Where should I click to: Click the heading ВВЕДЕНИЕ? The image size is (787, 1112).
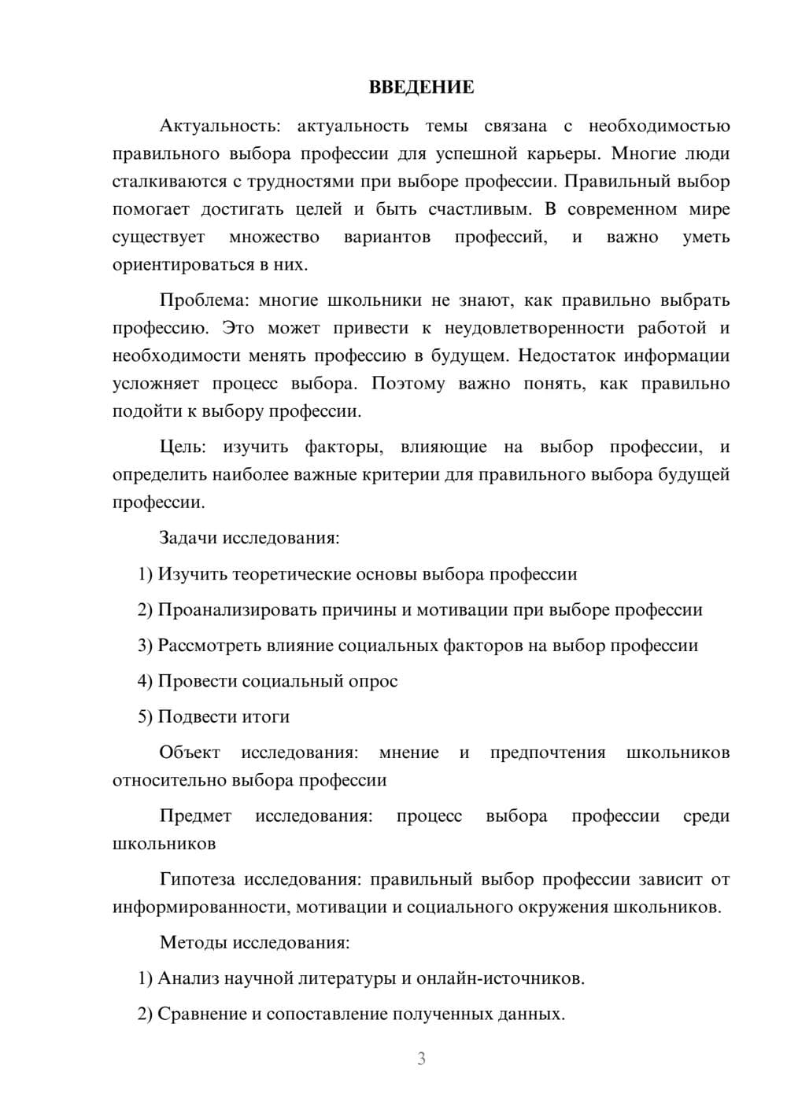pyautogui.click(x=421, y=87)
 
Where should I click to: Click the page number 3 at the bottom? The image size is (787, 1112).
pyautogui.click(x=421, y=1059)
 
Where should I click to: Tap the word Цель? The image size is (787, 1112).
pyautogui.click(x=183, y=447)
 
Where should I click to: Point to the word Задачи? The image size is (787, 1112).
pyautogui.click(x=189, y=539)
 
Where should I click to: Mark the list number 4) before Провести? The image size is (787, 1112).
pyautogui.click(x=145, y=681)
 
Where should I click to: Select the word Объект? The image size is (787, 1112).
pyautogui.click(x=190, y=753)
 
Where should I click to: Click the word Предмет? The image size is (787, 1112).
pyautogui.click(x=195, y=816)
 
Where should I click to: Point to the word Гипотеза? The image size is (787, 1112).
pyautogui.click(x=198, y=879)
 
